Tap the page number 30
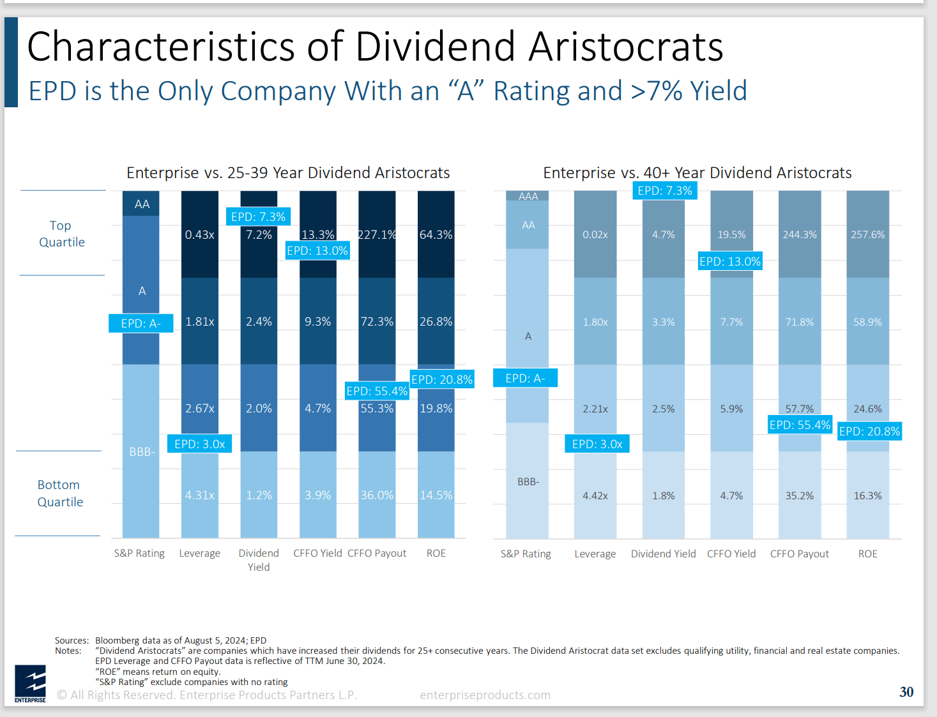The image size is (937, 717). pos(906,692)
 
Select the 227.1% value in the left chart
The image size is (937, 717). pos(377,234)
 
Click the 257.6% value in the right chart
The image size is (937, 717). pos(867,235)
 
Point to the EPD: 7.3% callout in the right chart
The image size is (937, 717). pos(664,191)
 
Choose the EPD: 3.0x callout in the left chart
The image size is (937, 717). pos(199,444)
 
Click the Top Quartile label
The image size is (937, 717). pos(61,234)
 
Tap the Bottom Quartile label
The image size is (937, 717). pos(60,494)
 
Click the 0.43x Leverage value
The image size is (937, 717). pos(199,235)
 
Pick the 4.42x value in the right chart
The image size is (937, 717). pos(595,495)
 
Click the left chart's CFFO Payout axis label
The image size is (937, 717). pos(377,554)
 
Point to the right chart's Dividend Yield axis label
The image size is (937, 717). pos(663,554)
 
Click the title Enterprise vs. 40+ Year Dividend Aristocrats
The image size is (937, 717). pos(697,173)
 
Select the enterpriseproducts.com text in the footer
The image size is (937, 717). pos(485,695)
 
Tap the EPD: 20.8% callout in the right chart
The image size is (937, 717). pos(869,432)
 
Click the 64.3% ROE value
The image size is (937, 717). pos(436,235)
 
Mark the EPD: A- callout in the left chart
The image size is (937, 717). pos(141,324)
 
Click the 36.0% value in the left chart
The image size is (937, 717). pos(377,495)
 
